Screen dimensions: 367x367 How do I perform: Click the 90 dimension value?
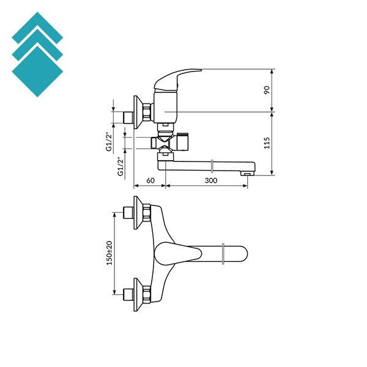(267, 90)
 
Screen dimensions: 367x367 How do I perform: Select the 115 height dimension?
(267, 144)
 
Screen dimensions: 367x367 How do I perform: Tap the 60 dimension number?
(150, 180)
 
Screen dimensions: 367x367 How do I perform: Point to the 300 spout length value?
(211, 180)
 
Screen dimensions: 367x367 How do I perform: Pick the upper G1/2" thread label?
(109, 141)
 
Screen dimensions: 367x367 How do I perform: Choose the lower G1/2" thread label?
(120, 165)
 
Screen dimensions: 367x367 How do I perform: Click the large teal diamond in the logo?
(37, 72)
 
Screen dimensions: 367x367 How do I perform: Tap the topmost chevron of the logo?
(37, 26)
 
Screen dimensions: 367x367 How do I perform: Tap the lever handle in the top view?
(177, 253)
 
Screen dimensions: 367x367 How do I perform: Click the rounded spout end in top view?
(242, 253)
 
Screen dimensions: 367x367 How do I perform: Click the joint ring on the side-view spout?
(212, 165)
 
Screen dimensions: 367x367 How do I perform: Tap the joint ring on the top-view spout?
(225, 253)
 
